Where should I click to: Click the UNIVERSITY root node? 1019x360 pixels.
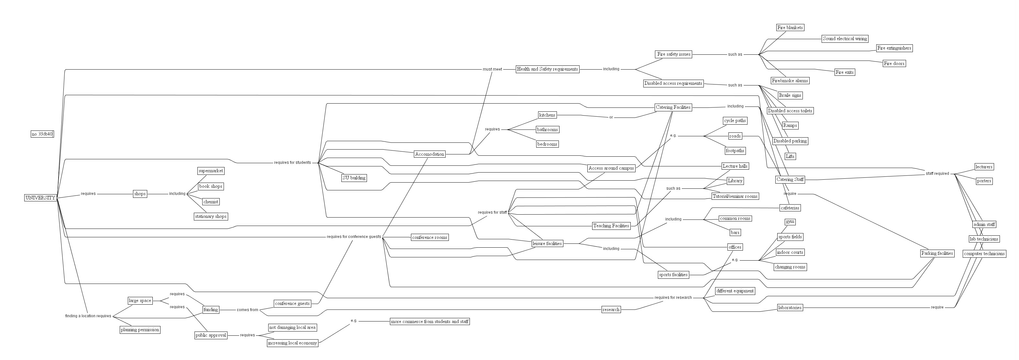click(40, 197)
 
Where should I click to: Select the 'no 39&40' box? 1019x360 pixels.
click(42, 134)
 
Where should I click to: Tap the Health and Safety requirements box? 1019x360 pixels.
click(547, 69)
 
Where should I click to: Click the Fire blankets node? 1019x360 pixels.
click(790, 28)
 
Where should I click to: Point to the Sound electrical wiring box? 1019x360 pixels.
click(845, 39)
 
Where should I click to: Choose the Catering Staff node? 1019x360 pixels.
click(790, 180)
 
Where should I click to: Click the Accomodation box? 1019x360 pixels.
click(430, 154)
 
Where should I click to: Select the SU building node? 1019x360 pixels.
click(354, 178)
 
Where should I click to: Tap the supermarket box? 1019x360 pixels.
click(211, 171)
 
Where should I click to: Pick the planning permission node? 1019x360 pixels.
click(140, 330)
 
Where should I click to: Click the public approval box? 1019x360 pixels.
click(211, 335)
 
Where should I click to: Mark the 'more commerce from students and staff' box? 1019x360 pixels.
click(430, 321)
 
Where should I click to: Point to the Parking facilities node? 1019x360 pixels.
click(937, 253)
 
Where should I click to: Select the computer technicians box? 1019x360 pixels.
click(984, 253)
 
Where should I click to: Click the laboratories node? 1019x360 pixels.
click(790, 308)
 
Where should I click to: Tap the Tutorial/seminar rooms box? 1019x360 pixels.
click(735, 196)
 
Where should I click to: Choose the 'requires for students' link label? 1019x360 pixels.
click(292, 163)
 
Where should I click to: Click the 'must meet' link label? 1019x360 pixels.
click(492, 69)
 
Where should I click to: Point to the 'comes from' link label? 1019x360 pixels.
click(247, 310)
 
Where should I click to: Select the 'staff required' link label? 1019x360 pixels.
click(937, 174)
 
